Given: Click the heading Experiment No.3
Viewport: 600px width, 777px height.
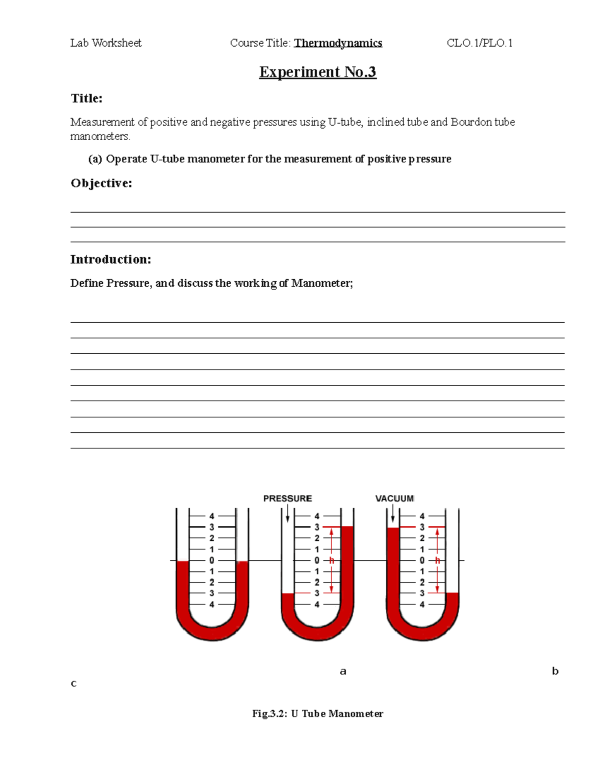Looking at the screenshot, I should (317, 72).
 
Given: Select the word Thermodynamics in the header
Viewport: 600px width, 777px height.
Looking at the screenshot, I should (338, 43).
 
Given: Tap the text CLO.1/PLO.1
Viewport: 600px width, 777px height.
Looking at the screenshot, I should (479, 43).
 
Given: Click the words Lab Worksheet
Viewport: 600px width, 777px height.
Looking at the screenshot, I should (106, 43).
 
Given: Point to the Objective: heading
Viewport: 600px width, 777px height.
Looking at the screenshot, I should (101, 183).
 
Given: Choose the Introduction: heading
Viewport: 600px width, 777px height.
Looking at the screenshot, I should (110, 259).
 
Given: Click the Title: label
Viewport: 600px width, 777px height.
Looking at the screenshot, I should (86, 98).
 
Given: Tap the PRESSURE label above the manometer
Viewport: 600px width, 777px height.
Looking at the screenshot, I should (287, 498).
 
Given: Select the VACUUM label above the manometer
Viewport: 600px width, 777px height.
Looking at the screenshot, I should (394, 498).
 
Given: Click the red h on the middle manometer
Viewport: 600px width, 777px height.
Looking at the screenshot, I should (331, 560).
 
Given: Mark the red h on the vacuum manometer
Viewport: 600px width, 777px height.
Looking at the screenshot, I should (437, 560).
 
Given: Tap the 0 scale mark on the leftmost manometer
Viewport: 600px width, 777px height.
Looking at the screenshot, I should (212, 560).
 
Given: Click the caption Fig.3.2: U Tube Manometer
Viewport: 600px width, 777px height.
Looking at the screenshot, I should (317, 713).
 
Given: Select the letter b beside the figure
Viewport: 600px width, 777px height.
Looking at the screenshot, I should (555, 671).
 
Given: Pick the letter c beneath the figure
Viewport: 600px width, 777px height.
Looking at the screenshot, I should (73, 683).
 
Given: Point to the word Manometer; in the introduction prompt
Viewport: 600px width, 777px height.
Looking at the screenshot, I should (322, 283).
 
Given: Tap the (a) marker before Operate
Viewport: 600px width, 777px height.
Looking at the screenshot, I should (95, 159).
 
